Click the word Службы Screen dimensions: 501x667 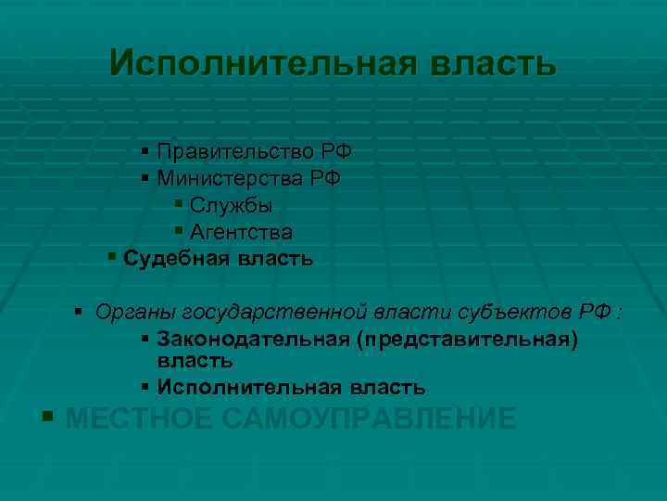pyautogui.click(x=230, y=204)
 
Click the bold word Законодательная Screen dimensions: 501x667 pyautogui.click(x=251, y=339)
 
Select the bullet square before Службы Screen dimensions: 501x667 pyautogui.click(x=178, y=204)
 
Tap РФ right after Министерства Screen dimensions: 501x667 pyautogui.click(x=325, y=176)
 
